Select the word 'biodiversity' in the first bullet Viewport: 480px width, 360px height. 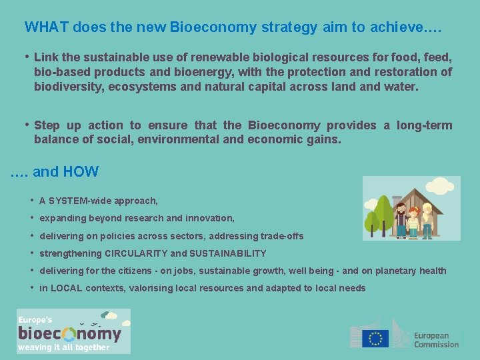pos(68,87)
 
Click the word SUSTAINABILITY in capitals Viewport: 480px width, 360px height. pos(228,253)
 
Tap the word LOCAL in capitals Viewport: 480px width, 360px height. pos(67,288)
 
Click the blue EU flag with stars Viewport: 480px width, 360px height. pos(375,338)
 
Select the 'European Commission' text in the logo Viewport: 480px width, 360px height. pos(436,340)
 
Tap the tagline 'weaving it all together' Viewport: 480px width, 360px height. pos(64,347)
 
